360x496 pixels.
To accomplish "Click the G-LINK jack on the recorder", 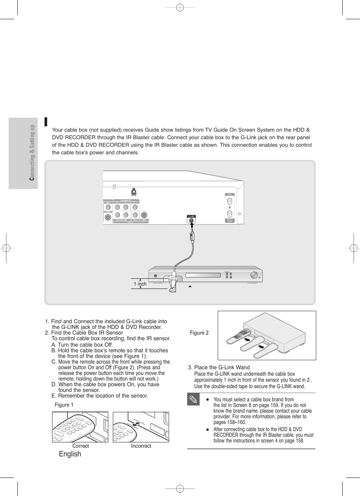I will (x=191, y=220).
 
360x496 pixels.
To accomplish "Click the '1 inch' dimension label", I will (x=140, y=284).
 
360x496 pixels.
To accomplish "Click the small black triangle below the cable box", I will (x=190, y=287).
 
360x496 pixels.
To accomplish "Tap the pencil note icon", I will (x=193, y=399).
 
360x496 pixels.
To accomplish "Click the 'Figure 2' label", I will (x=199, y=333).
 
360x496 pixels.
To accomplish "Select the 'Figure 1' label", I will (x=64, y=405).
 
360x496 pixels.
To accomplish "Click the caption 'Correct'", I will (x=80, y=446).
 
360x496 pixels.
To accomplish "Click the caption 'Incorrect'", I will (x=141, y=446).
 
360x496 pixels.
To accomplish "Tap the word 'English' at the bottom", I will (x=70, y=454).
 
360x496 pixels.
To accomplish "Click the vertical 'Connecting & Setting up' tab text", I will (x=32, y=152).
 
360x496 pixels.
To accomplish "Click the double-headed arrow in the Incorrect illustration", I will (x=138, y=424).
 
